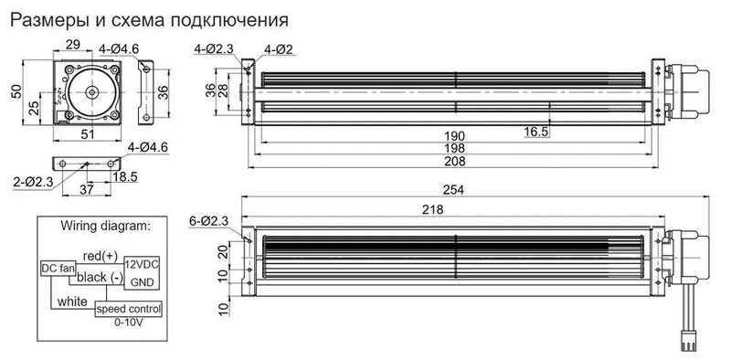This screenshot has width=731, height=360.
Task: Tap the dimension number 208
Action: click(454, 162)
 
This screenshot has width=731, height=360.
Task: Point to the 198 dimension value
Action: click(454, 148)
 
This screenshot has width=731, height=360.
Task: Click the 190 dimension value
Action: click(454, 136)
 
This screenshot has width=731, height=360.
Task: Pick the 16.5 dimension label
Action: click(536, 132)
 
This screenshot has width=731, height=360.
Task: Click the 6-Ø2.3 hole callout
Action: click(208, 221)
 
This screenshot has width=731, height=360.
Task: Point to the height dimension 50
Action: click(15, 93)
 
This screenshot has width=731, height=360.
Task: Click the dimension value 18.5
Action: click(126, 175)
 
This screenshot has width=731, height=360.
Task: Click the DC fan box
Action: click(58, 269)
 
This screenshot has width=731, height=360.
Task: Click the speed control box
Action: click(129, 310)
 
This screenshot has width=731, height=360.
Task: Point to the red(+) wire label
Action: click(101, 255)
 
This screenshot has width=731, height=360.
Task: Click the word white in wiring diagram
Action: click(72, 301)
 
